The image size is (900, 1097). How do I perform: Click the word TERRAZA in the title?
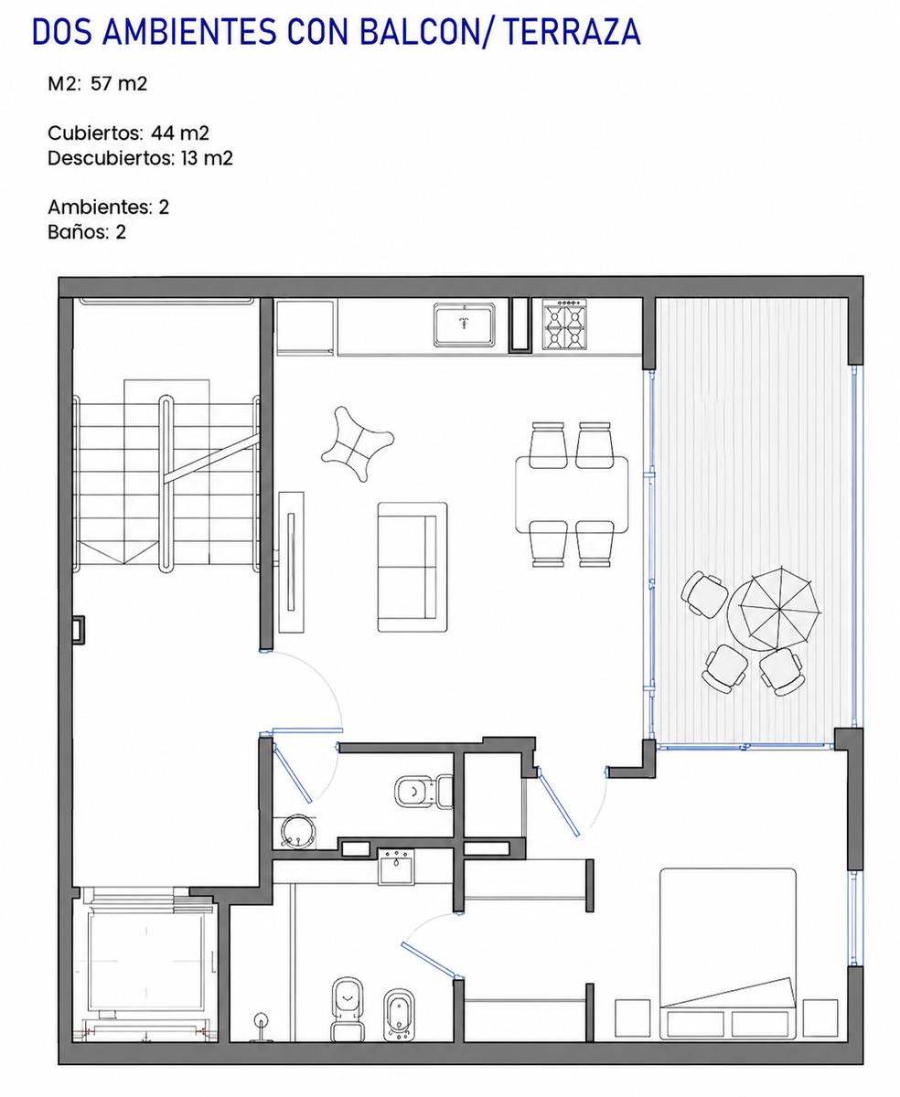tap(573, 32)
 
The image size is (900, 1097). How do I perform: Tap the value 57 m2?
tap(119, 84)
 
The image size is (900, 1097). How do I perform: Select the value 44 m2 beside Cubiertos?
tap(180, 133)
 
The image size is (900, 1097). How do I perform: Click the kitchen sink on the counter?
tap(464, 325)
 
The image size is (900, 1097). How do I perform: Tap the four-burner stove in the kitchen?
tap(564, 324)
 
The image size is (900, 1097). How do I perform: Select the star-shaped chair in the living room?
tap(357, 443)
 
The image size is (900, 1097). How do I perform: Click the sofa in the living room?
tap(412, 567)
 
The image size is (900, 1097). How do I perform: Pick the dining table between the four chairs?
tap(572, 495)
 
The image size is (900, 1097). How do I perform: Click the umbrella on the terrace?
tap(780, 608)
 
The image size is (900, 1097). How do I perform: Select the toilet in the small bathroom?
tap(423, 791)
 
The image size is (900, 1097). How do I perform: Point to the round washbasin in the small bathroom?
tap(297, 831)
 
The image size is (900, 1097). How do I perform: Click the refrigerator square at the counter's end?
tap(305, 327)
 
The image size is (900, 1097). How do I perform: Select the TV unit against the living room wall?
tap(291, 562)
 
